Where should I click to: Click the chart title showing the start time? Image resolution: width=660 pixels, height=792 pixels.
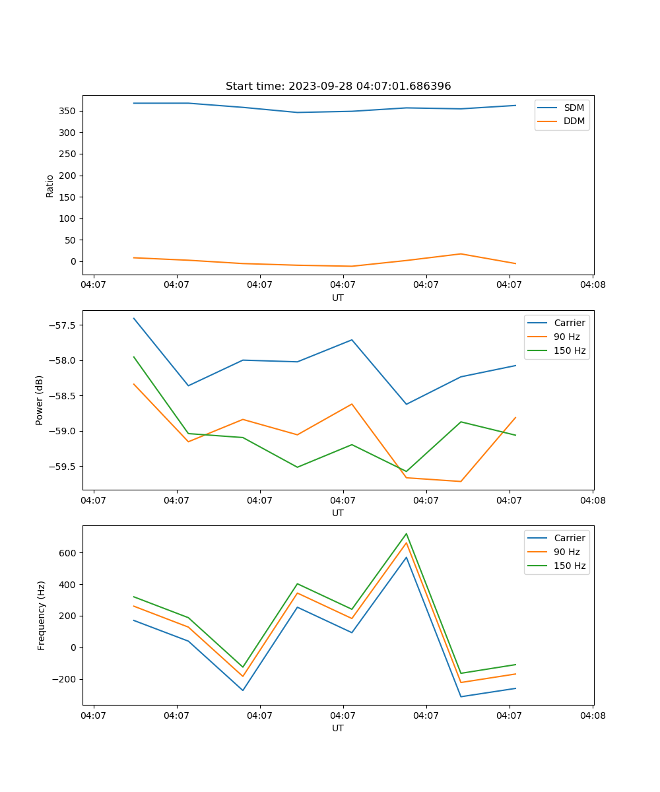pos(338,86)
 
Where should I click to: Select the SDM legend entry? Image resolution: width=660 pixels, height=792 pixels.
pos(574,108)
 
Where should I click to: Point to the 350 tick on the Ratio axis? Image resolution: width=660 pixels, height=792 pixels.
pos(69,111)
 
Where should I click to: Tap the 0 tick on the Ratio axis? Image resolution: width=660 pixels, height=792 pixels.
pos(74,261)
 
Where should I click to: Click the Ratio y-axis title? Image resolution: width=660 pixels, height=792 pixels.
pos(49,185)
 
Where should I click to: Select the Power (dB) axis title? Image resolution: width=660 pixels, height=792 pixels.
pos(40,400)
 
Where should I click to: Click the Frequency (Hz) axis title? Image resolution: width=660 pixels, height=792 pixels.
pos(41,615)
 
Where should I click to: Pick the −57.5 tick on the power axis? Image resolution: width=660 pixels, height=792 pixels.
pos(63,325)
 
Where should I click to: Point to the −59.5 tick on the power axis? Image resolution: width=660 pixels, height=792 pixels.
pos(63,467)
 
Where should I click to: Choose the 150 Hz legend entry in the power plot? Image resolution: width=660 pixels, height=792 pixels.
pos(570,350)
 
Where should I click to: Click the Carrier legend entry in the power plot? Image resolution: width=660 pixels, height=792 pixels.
pos(570,323)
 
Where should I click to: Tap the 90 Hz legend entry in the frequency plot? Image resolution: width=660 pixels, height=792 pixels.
pos(567,552)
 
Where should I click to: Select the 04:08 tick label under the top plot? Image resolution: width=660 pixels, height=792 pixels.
pos(592,285)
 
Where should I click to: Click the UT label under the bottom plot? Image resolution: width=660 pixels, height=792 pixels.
pos(338,728)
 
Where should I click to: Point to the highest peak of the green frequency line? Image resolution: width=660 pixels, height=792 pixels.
pos(406,533)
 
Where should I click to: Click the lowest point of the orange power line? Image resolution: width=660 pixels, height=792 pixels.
pos(460,481)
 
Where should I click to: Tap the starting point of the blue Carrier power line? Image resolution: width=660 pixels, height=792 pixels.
pos(134,318)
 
